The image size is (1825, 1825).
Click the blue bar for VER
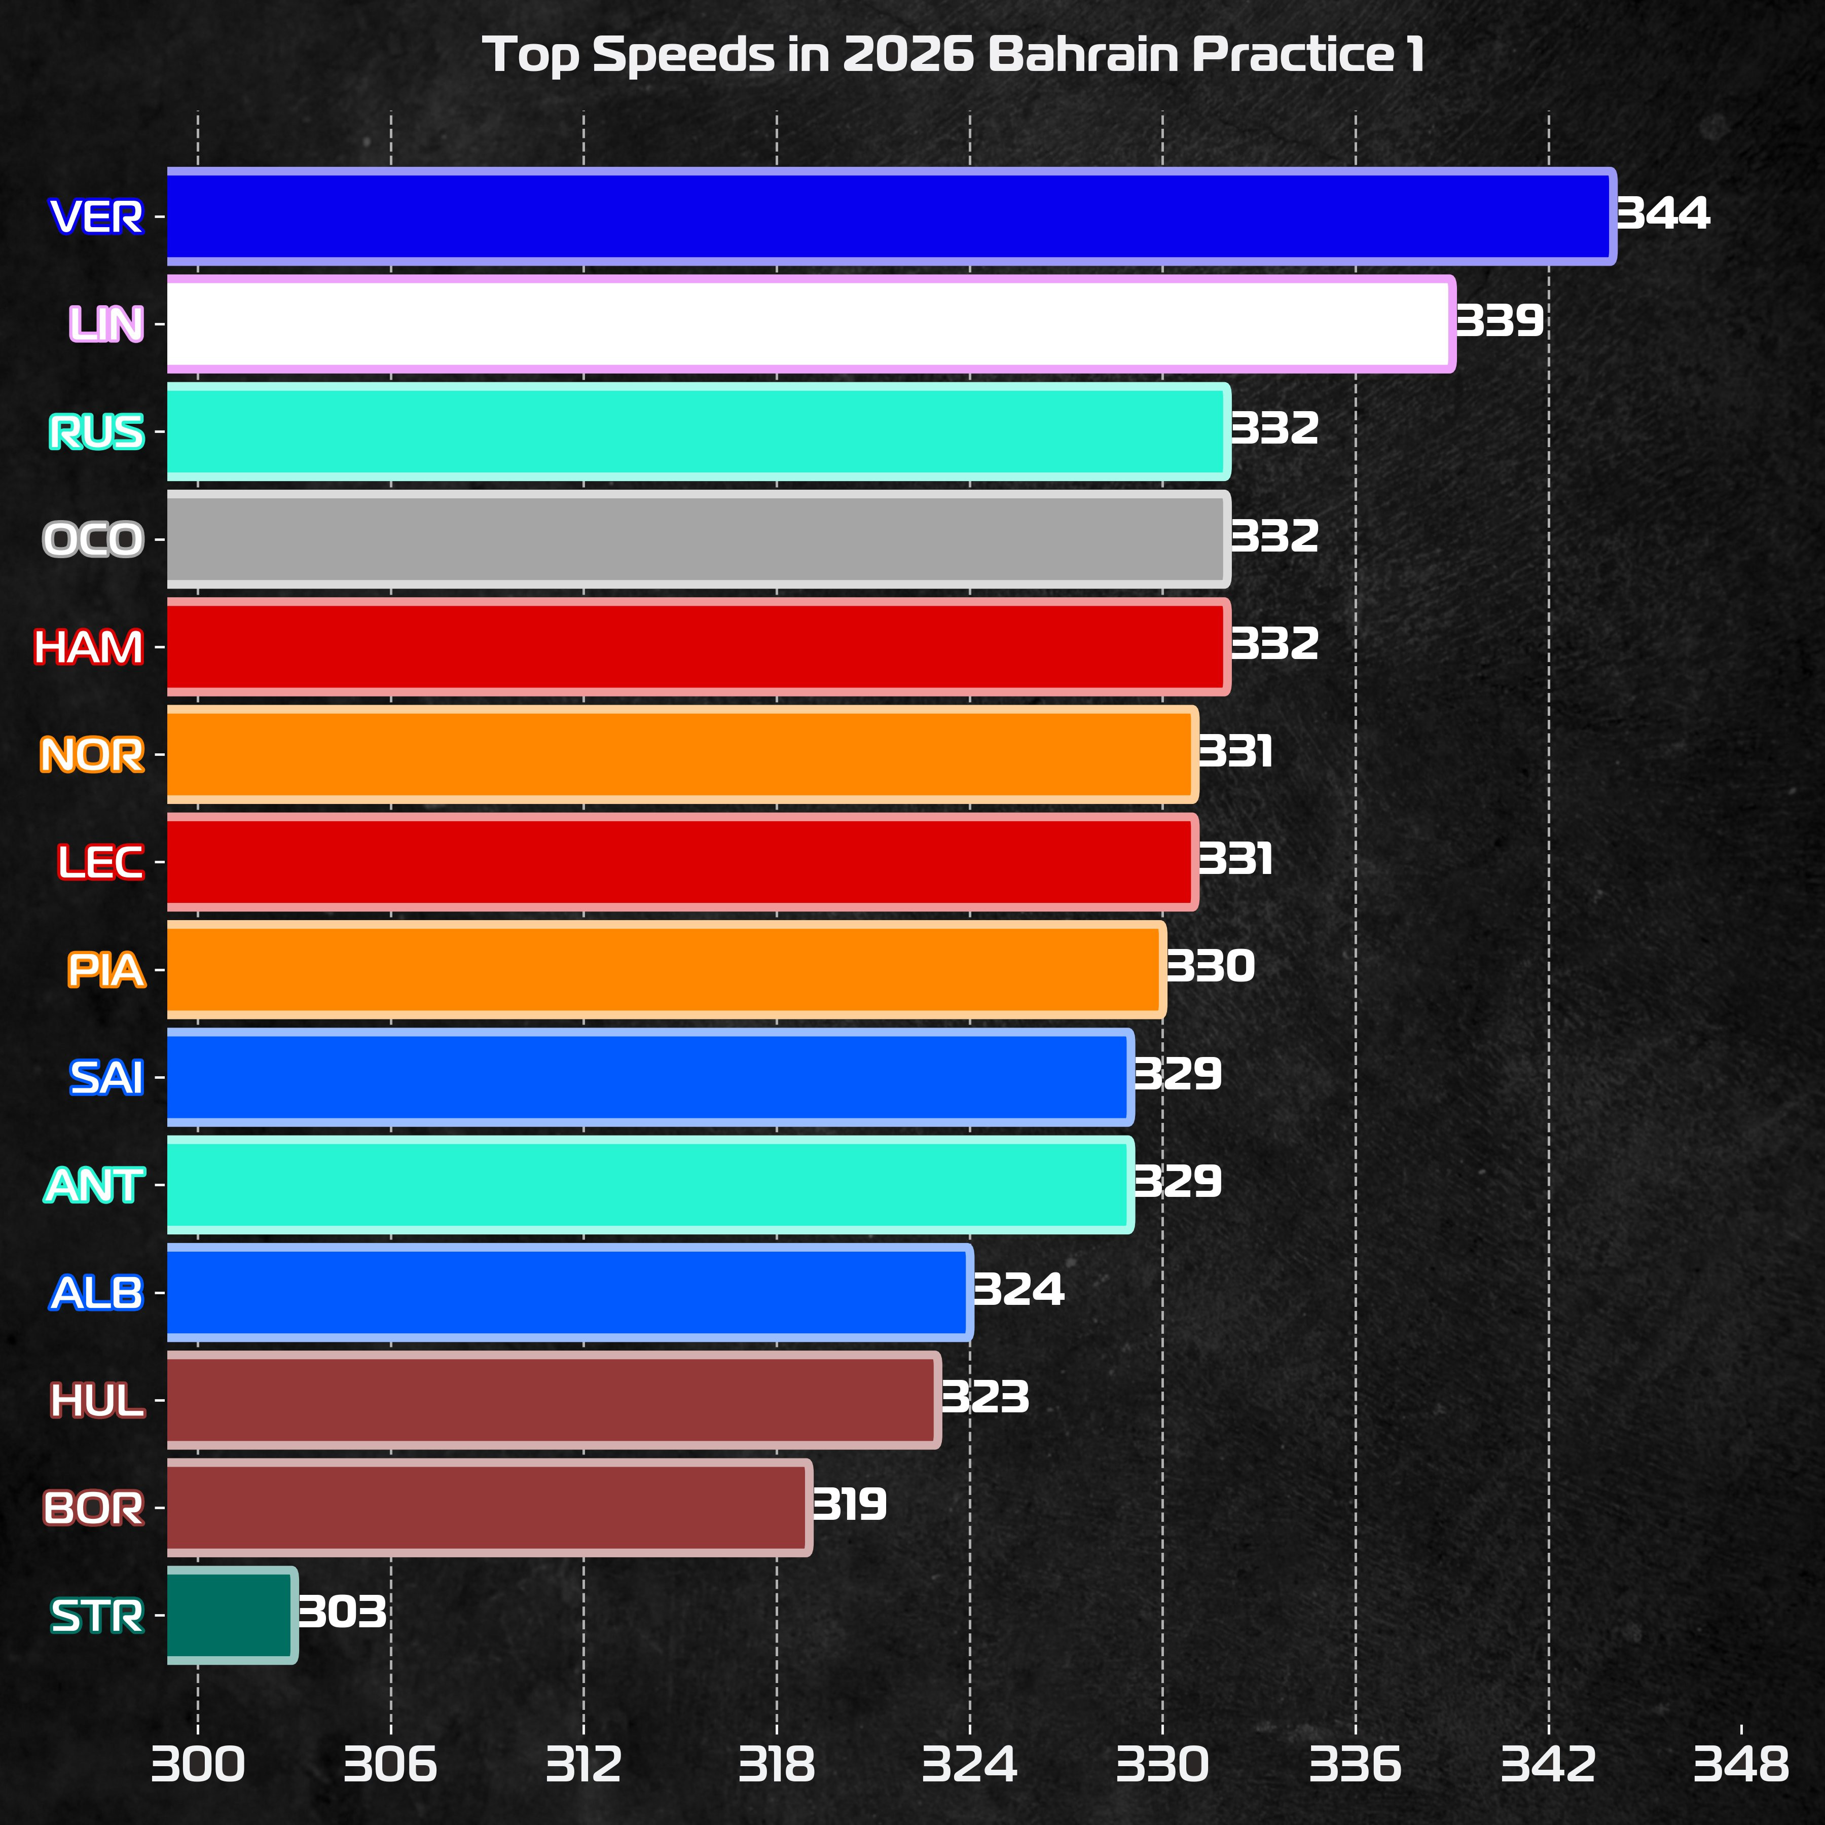point(888,216)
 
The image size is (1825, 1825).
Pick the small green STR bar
point(232,1615)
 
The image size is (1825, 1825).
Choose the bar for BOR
point(488,1508)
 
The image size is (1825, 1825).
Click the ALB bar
point(569,1292)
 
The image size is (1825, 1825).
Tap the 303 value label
point(342,1613)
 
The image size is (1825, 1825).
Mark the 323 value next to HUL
point(985,1397)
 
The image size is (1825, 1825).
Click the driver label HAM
point(89,647)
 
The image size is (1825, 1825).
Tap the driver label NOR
point(92,755)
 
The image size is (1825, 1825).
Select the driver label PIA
point(106,970)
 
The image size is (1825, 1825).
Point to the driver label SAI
point(106,1078)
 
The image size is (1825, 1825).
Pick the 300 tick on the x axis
point(197,1765)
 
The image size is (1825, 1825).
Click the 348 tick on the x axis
point(1741,1765)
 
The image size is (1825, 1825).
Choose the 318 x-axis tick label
point(777,1765)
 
